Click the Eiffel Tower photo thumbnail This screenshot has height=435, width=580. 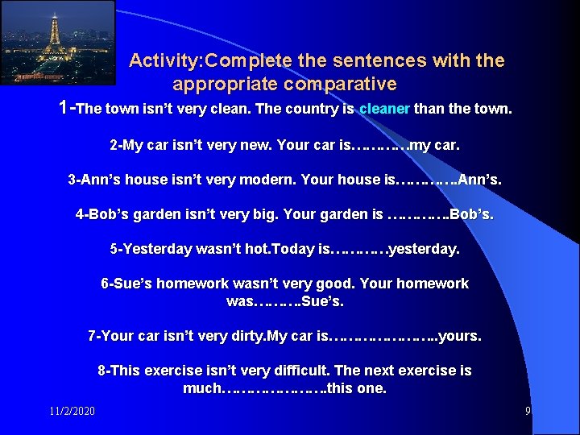click(x=57, y=42)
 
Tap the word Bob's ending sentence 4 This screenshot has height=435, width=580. click(x=472, y=215)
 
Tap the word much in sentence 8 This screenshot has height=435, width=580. click(x=201, y=388)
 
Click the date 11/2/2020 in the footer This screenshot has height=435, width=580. click(x=72, y=412)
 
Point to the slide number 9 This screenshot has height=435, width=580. click(x=528, y=412)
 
